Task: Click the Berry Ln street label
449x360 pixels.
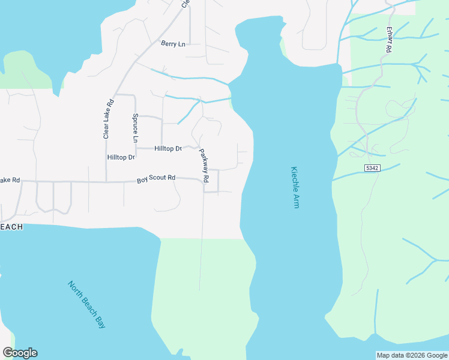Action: pyautogui.click(x=173, y=44)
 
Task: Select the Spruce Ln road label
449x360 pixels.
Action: pyautogui.click(x=136, y=128)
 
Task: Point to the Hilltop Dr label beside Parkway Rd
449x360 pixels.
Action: pyautogui.click(x=167, y=148)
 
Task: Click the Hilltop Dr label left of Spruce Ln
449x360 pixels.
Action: pyautogui.click(x=121, y=157)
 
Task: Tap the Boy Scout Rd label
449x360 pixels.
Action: pyautogui.click(x=155, y=178)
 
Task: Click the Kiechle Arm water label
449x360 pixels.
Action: pyautogui.click(x=294, y=187)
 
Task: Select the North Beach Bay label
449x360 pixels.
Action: pyautogui.click(x=86, y=304)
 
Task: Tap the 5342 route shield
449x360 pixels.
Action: pyautogui.click(x=372, y=169)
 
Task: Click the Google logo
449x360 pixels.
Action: pyautogui.click(x=20, y=353)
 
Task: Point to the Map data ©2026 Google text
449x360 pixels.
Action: pyautogui.click(x=412, y=355)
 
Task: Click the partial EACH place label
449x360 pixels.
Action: pyautogui.click(x=11, y=227)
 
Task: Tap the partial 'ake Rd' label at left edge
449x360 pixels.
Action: pyautogui.click(x=10, y=180)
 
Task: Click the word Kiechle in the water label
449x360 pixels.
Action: pyautogui.click(x=294, y=178)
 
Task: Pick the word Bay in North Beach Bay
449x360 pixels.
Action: pyautogui.click(x=100, y=321)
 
